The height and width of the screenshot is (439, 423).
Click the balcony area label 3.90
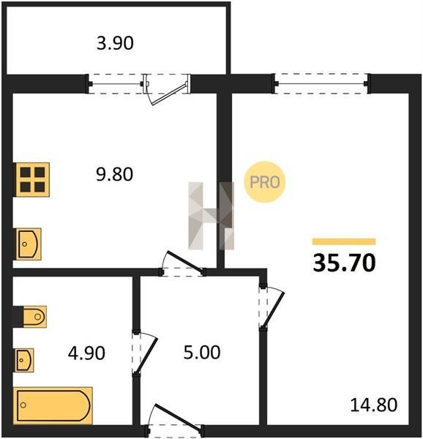[x=115, y=43]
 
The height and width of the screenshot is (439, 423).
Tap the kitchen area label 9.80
[x=114, y=174]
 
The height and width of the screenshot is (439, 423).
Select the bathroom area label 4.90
[x=86, y=353]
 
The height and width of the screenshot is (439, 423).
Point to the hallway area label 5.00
[x=202, y=352]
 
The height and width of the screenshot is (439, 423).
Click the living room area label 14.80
[x=373, y=405]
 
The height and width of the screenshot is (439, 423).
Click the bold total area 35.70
[x=344, y=263]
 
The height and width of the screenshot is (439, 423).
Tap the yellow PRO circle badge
[x=264, y=182]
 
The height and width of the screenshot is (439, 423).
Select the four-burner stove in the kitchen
[x=32, y=180]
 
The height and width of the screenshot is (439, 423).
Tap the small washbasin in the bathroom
[x=24, y=360]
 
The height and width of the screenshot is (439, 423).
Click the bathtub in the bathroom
[x=53, y=405]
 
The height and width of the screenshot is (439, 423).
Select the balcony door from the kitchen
[x=168, y=89]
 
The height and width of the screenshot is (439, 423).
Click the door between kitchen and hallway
[x=182, y=264]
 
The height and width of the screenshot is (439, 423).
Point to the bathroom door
[x=145, y=354]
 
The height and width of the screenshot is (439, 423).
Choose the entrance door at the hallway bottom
[x=175, y=420]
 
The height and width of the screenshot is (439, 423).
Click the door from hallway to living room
[x=272, y=306]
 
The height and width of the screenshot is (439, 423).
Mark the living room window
[x=321, y=83]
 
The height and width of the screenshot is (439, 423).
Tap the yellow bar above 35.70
[x=344, y=241]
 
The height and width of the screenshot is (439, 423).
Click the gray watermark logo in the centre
[x=211, y=216]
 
